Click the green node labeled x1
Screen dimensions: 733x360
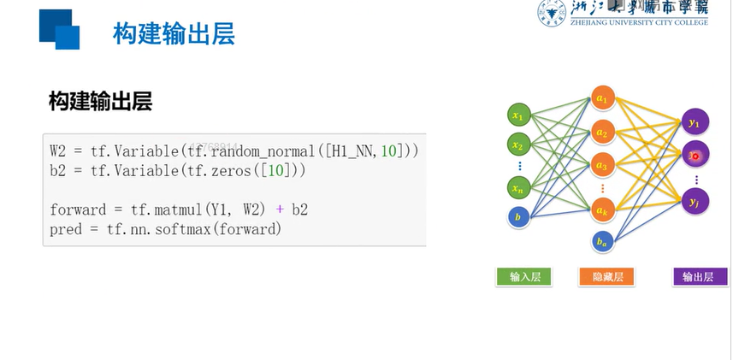coord(517,114)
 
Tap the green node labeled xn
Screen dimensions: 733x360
coord(517,186)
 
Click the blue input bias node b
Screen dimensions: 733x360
coord(517,217)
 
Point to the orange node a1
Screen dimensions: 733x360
coord(602,99)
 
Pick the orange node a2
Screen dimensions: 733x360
coord(602,133)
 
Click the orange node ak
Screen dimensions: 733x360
coord(602,207)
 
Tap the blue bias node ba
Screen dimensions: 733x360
coord(602,242)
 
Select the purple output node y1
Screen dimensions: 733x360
coord(694,123)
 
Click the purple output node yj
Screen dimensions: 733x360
coord(694,201)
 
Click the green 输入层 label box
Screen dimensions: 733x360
coord(524,276)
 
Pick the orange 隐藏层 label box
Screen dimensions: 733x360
coord(606,276)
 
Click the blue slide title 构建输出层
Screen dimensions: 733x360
coord(174,34)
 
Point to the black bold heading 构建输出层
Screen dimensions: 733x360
coord(100,102)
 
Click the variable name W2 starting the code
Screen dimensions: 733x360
coord(58,150)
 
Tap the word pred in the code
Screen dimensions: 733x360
coord(67,228)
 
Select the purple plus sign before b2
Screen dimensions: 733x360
coord(278,209)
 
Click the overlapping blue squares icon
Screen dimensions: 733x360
coord(59,29)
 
